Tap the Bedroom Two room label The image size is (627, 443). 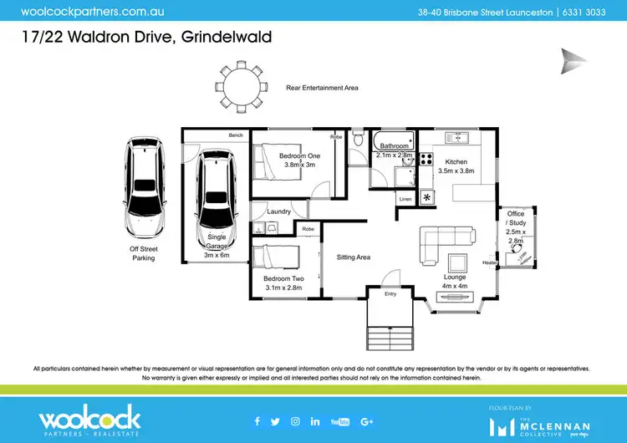[283, 278]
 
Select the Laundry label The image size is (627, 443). [278, 211]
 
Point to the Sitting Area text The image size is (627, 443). [353, 257]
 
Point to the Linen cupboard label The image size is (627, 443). [405, 199]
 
